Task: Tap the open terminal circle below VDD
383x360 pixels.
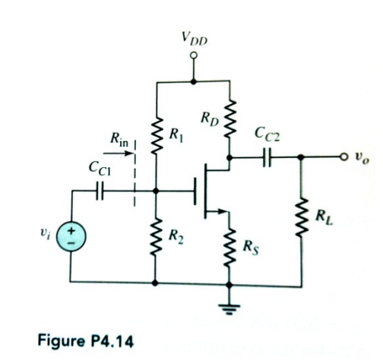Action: tap(194, 55)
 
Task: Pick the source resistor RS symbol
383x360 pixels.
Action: tap(229, 246)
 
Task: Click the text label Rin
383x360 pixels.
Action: tap(119, 141)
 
